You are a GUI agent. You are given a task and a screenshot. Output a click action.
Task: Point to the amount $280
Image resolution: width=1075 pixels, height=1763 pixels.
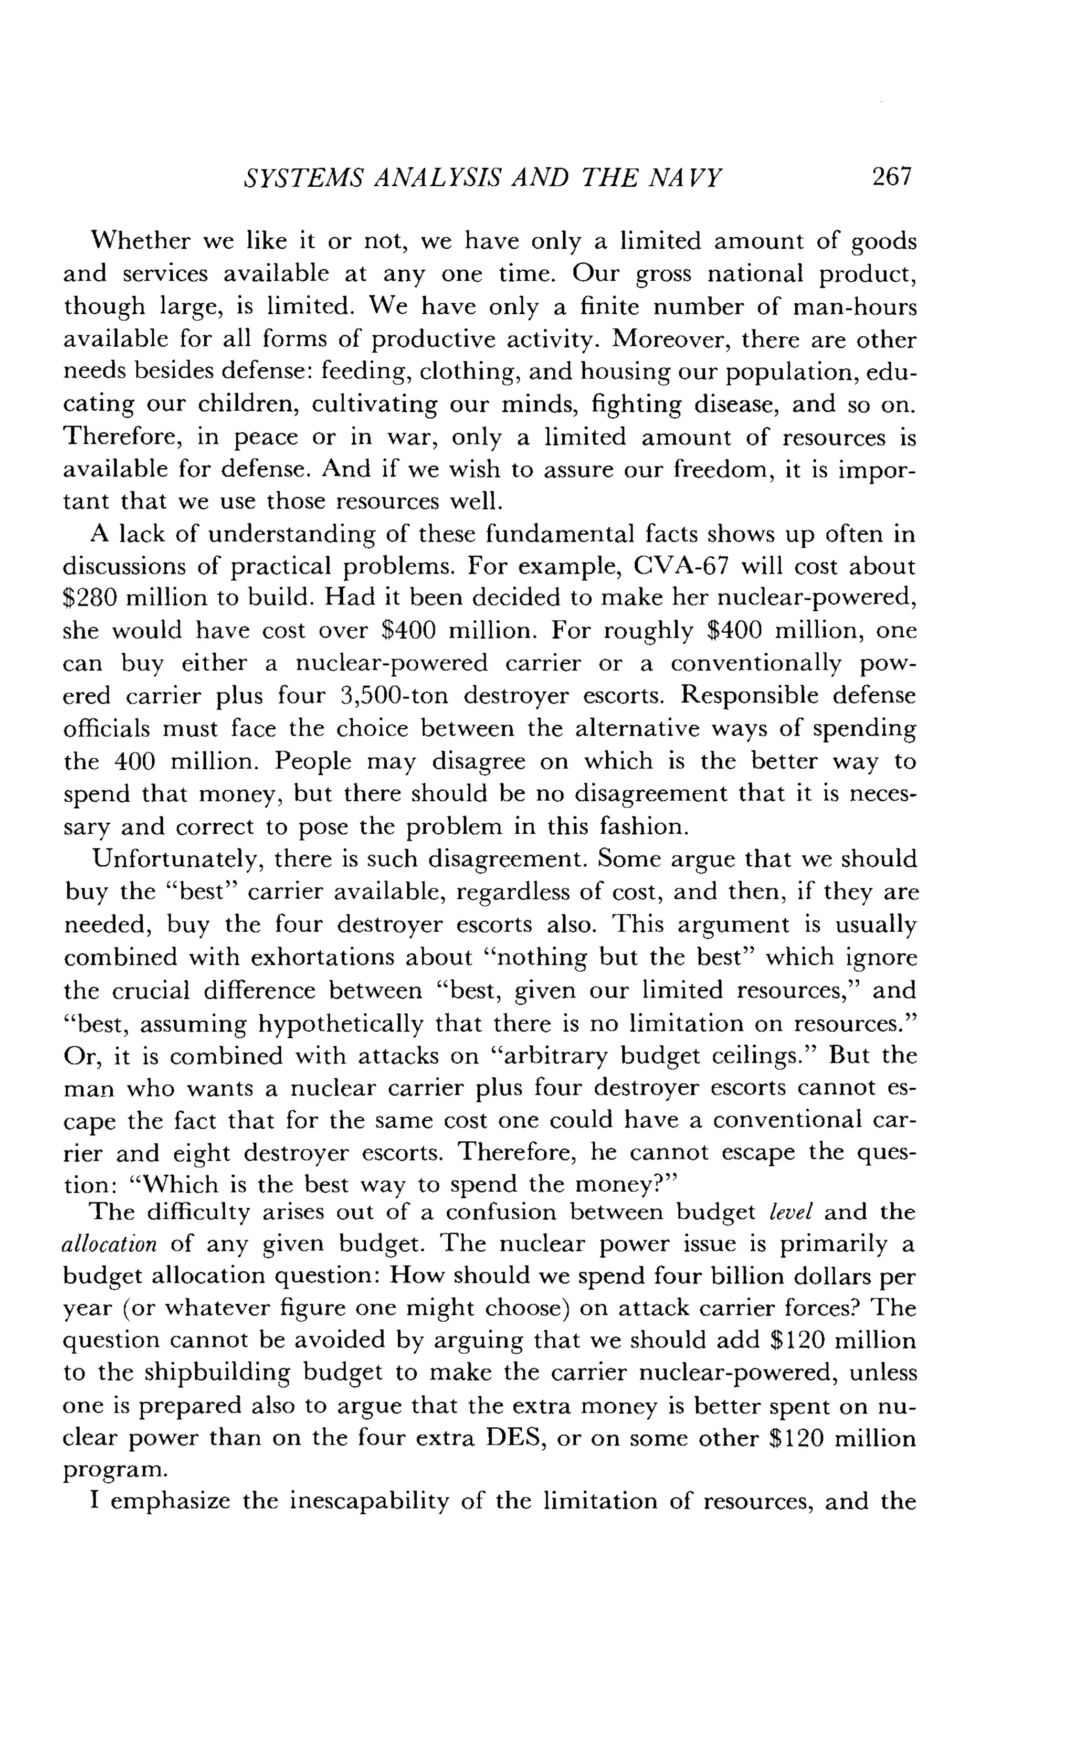tap(89, 598)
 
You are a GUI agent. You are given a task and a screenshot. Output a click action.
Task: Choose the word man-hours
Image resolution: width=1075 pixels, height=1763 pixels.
tap(855, 306)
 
